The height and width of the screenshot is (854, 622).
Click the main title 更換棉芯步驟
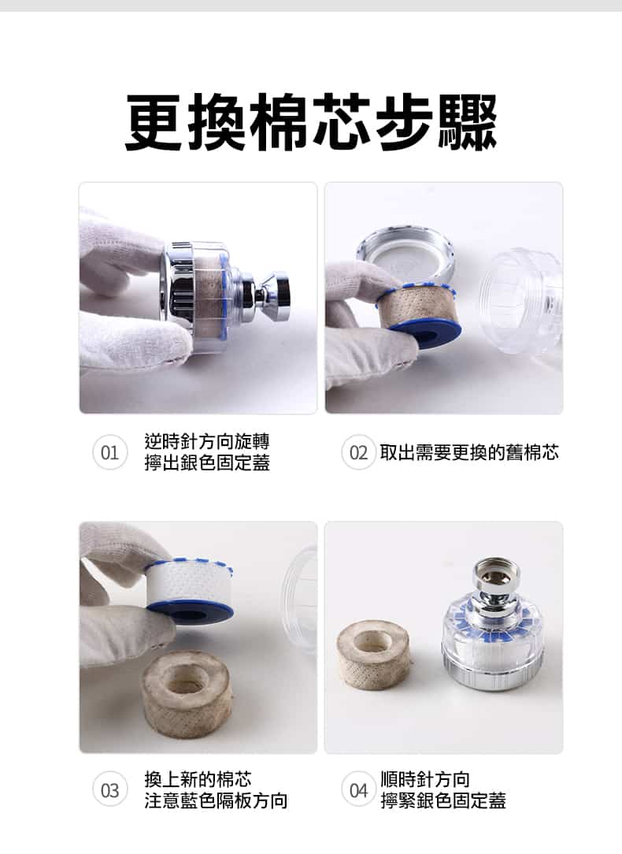(x=311, y=123)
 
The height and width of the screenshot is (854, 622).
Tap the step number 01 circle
(x=110, y=453)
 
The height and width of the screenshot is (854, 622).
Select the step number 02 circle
(x=358, y=453)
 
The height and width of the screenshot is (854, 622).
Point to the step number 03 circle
(x=110, y=790)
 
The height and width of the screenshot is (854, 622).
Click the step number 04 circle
(x=358, y=790)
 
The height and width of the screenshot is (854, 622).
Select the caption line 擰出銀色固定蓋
(x=207, y=463)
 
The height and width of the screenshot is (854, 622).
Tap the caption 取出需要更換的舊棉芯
(x=469, y=453)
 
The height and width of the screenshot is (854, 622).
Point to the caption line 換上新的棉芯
(x=198, y=779)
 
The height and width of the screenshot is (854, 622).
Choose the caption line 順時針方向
(x=424, y=779)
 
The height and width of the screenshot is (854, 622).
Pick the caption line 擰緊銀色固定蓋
(x=442, y=801)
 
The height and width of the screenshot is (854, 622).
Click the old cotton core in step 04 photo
(x=374, y=654)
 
